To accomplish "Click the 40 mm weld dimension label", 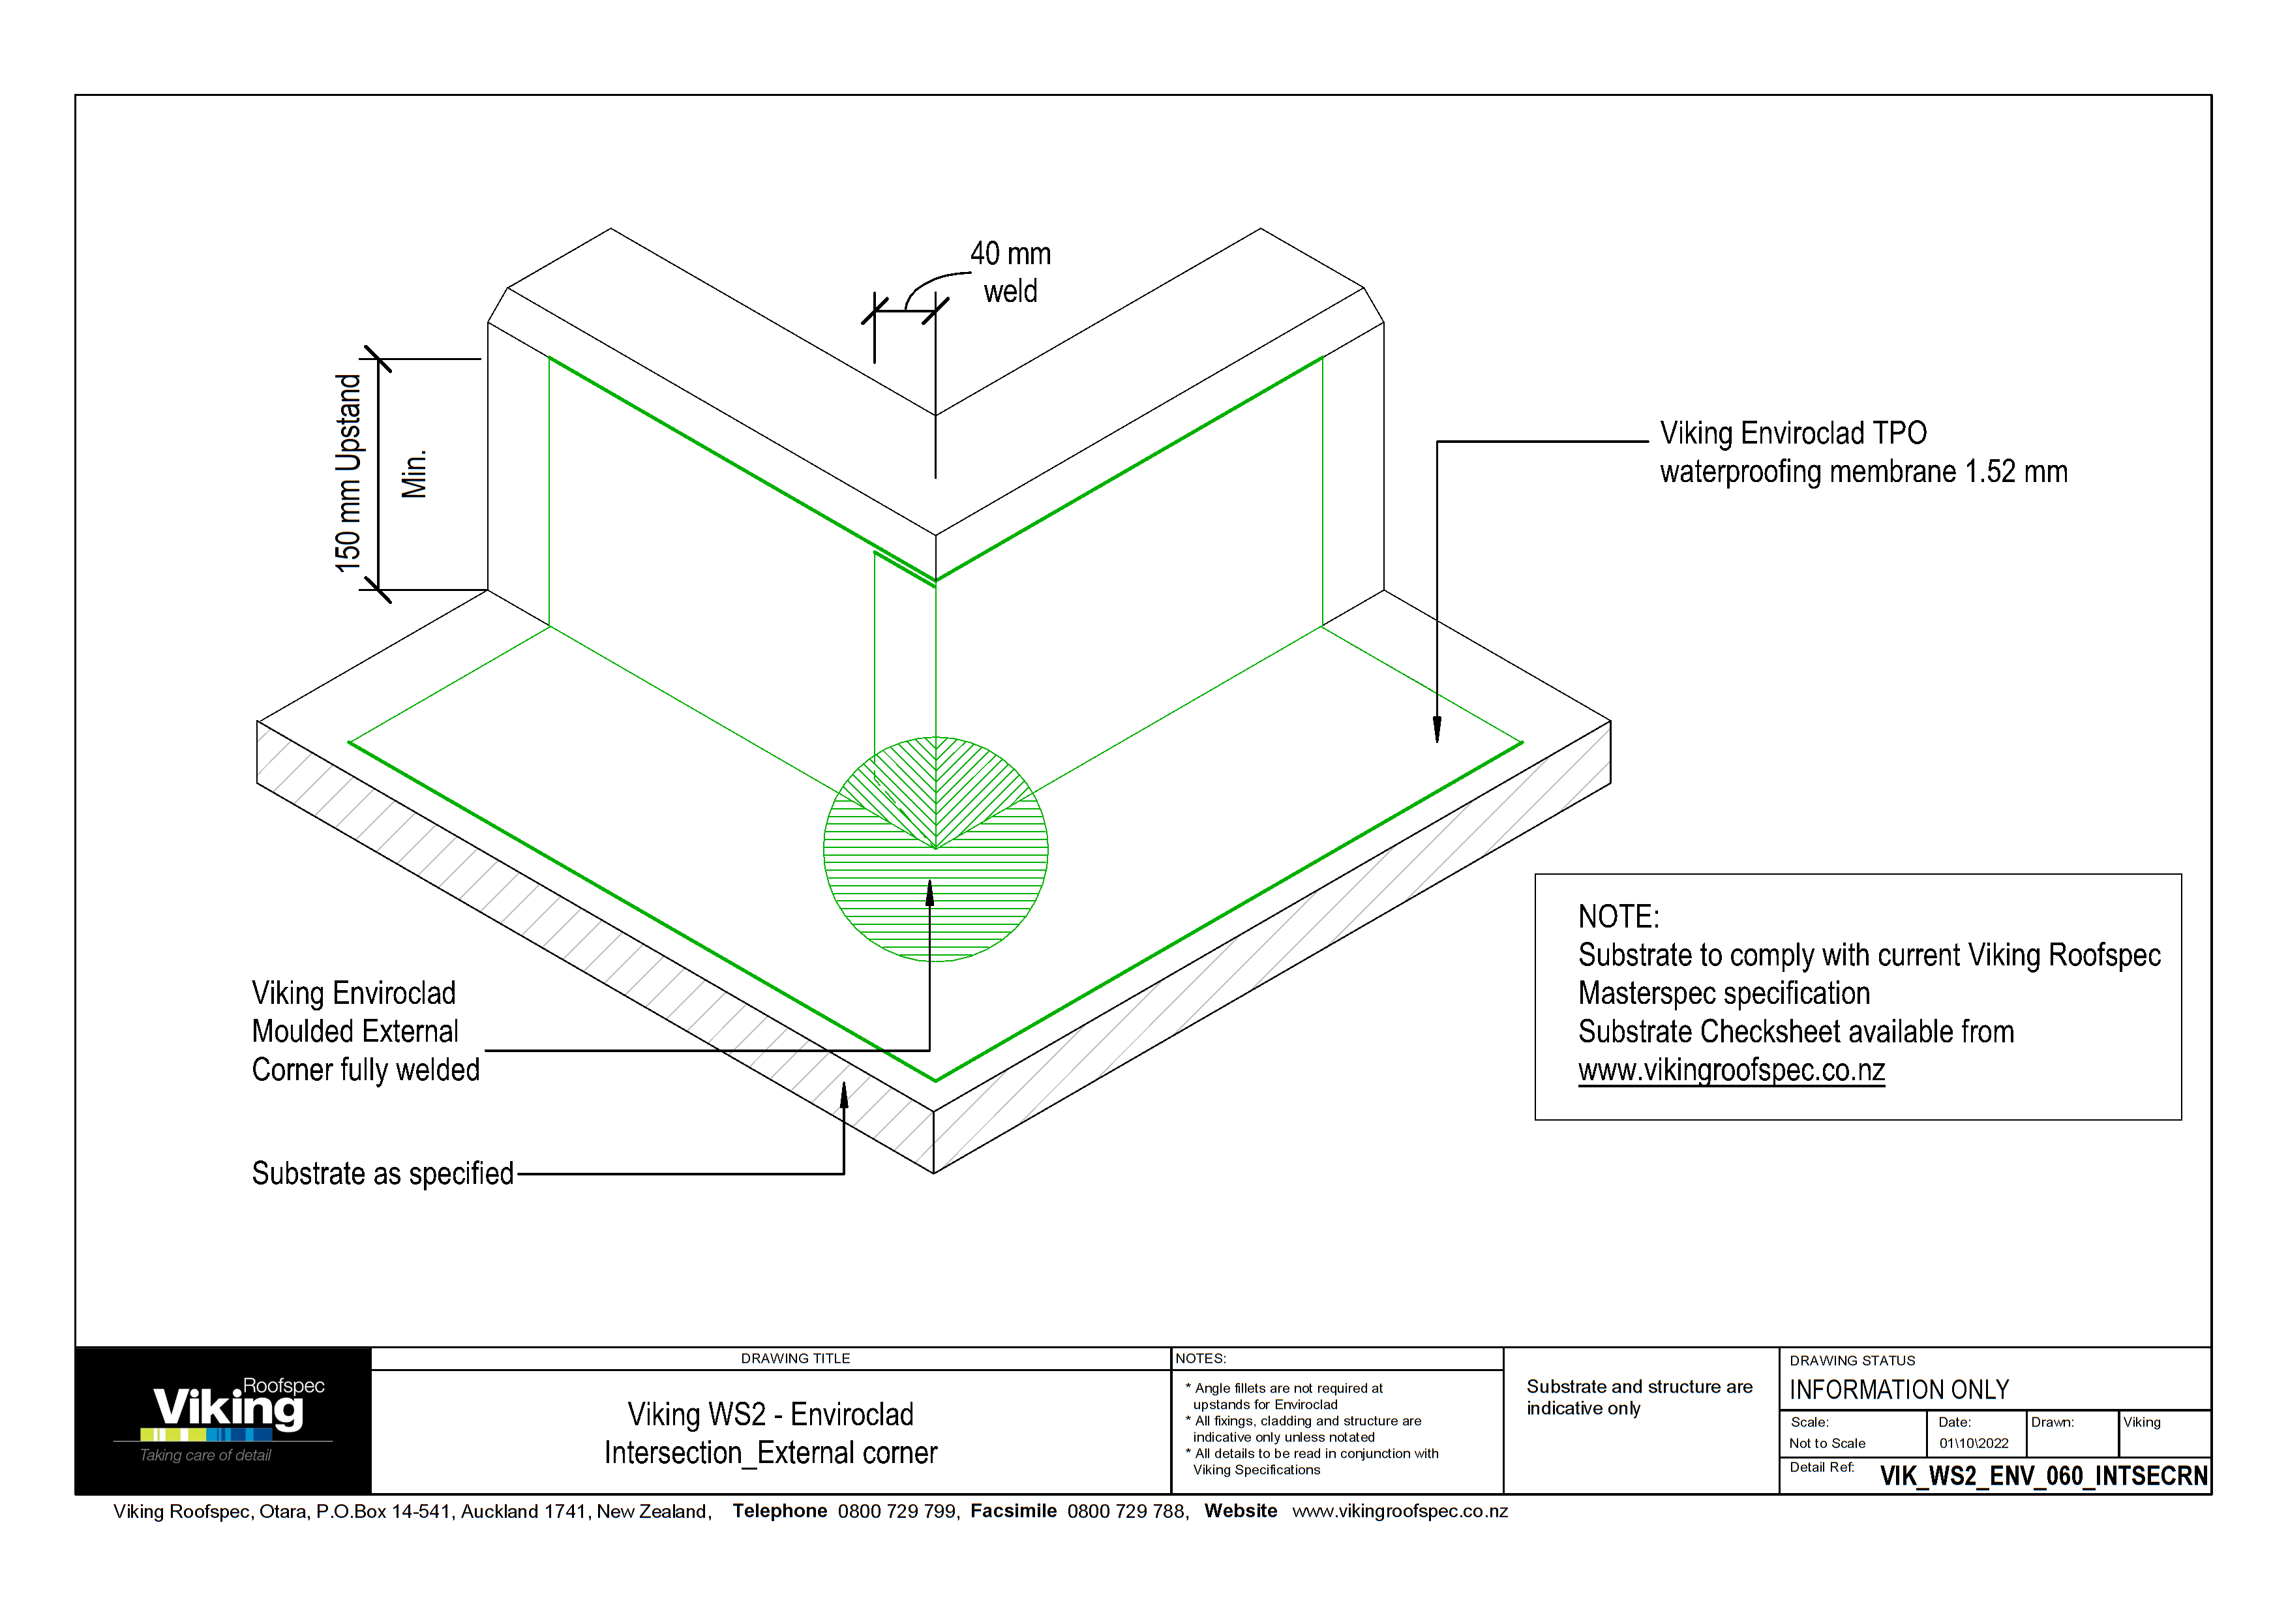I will tap(1010, 272).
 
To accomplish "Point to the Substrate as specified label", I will tap(383, 1173).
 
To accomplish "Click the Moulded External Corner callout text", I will tap(365, 1031).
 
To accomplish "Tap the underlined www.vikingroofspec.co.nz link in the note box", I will tap(1731, 1070).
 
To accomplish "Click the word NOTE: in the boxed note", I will tap(1618, 916).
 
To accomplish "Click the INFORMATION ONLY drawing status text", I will tap(1899, 1390).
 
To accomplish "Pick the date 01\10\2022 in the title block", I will tap(1973, 1443).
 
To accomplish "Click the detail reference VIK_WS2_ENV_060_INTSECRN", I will tap(2043, 1475).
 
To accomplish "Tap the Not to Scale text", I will tap(1827, 1443).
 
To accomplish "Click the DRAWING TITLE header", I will tap(795, 1358).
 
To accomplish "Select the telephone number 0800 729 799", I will tap(897, 1511).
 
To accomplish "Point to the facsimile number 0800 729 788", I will tap(1126, 1511).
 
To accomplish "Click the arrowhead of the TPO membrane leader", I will tap(1437, 733).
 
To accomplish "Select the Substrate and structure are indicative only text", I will tap(1638, 1397).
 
